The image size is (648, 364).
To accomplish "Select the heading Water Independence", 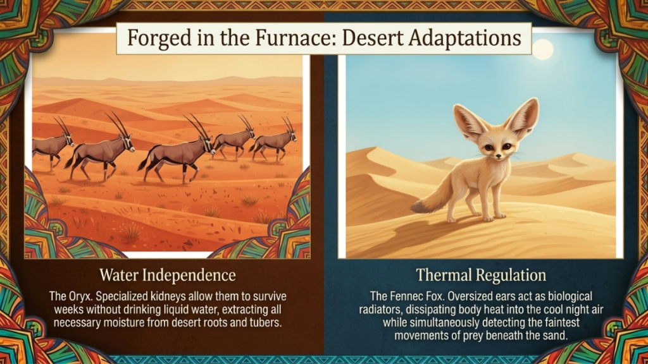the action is [168, 276].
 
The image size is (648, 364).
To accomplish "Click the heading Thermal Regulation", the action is [481, 276].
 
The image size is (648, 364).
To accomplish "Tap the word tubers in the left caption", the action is [268, 322].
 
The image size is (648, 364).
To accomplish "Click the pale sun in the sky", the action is [542, 49].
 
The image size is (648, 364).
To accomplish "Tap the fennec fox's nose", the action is [499, 157].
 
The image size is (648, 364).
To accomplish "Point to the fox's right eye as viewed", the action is [506, 146].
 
